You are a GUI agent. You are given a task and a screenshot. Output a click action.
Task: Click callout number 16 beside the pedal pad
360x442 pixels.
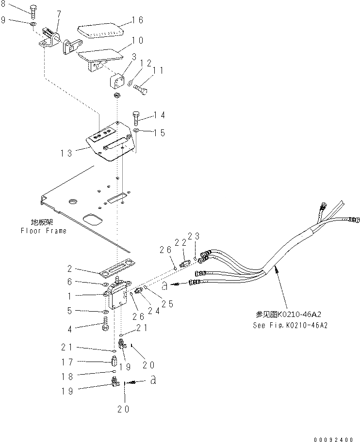[x=138, y=20]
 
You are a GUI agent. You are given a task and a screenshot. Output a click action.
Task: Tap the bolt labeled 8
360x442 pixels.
[x=33, y=11]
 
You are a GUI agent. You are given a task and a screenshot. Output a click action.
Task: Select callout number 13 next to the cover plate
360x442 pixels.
[x=66, y=153]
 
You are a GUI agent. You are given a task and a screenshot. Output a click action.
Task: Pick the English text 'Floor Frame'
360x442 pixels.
[x=43, y=231]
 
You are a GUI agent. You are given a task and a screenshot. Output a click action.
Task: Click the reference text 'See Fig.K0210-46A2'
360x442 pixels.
[x=290, y=325]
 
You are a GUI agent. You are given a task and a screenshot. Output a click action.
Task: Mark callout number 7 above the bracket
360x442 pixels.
[x=59, y=13]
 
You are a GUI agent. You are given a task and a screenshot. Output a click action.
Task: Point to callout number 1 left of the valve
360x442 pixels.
[x=70, y=295]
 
